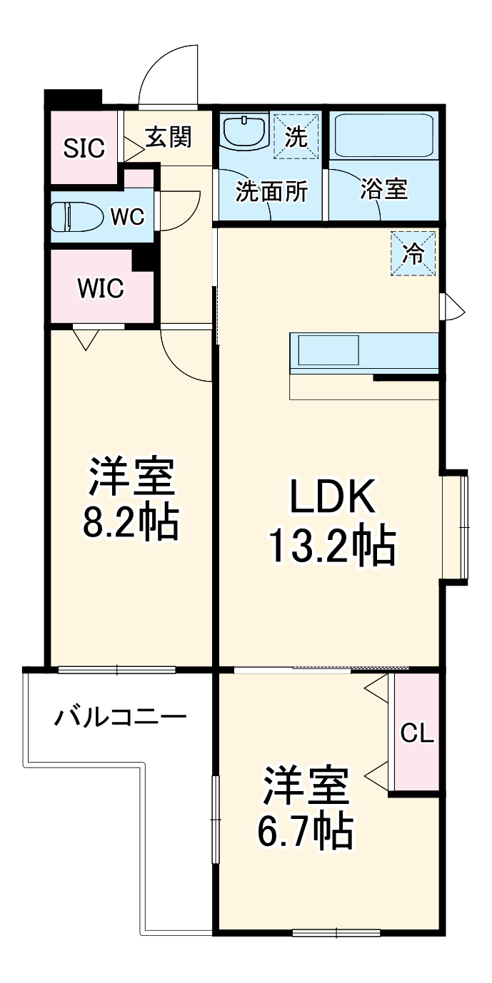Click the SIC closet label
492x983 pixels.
pyautogui.click(x=84, y=148)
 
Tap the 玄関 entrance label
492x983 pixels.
pyautogui.click(x=169, y=137)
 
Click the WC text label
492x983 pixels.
pyautogui.click(x=128, y=215)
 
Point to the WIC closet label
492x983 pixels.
pyautogui.click(x=101, y=289)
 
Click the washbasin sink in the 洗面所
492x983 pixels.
pyautogui.click(x=244, y=131)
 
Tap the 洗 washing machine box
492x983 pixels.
pyautogui.click(x=296, y=136)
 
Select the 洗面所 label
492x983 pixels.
pyautogui.click(x=272, y=191)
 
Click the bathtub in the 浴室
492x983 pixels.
pyautogui.click(x=385, y=136)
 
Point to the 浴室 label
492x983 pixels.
pyautogui.click(x=383, y=190)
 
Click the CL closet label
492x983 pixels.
pyautogui.click(x=417, y=733)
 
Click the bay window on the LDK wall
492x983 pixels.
pyautogui.click(x=456, y=526)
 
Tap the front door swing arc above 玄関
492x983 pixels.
pyautogui.click(x=169, y=75)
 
